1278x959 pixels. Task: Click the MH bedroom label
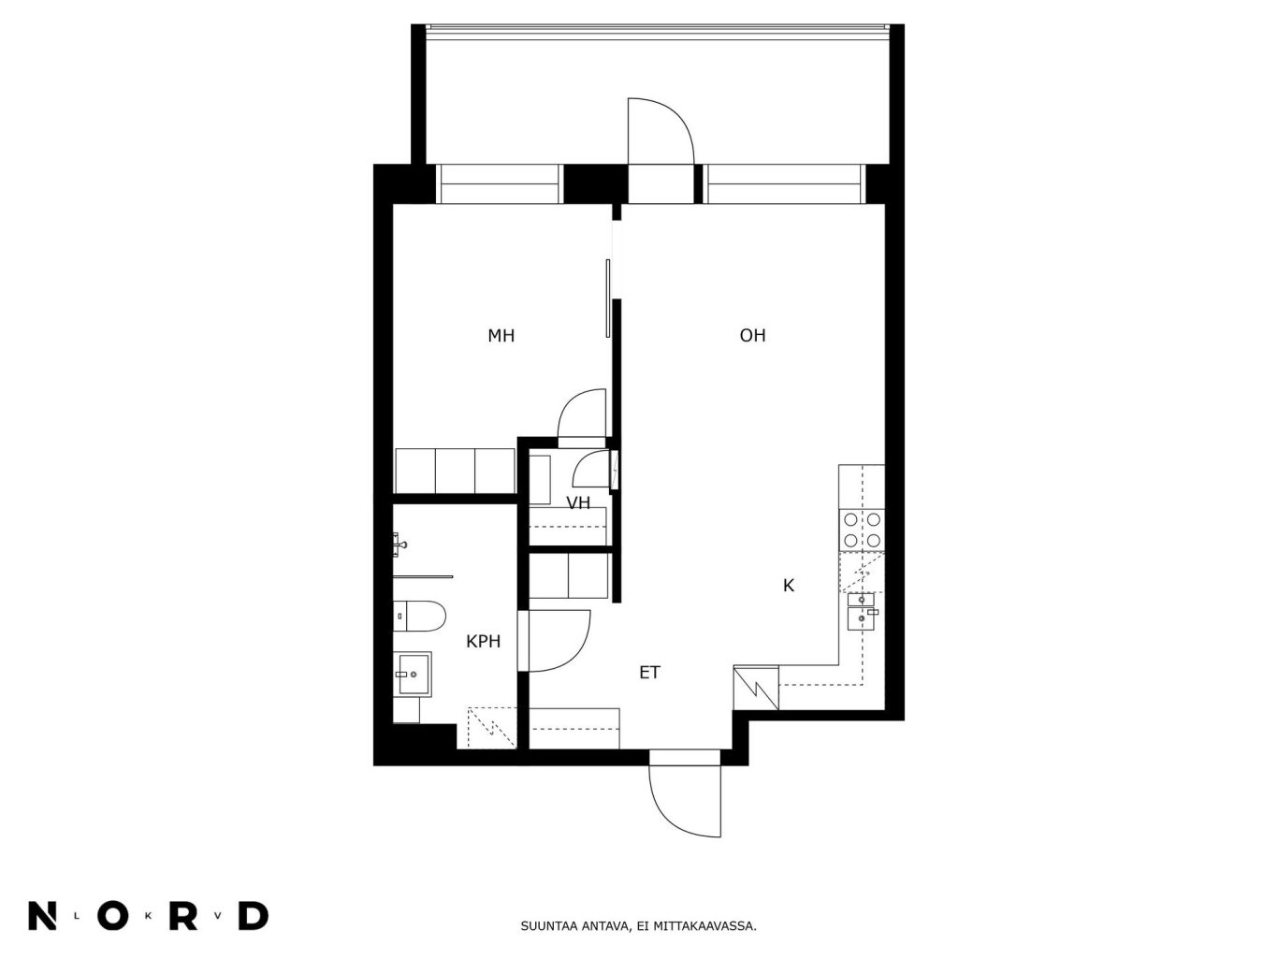click(x=501, y=335)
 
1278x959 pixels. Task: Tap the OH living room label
click(x=752, y=335)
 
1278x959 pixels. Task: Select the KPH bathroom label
click(x=483, y=642)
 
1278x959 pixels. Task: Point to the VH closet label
click(x=578, y=503)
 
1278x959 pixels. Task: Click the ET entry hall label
click(x=649, y=673)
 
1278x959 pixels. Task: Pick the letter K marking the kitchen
click(x=789, y=586)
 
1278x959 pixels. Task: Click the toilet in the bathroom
click(x=418, y=616)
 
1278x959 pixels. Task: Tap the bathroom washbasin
click(x=413, y=674)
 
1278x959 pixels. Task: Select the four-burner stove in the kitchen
click(x=862, y=530)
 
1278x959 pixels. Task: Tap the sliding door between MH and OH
click(x=608, y=298)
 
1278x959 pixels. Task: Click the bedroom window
click(x=498, y=184)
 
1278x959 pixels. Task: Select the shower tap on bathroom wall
click(x=399, y=545)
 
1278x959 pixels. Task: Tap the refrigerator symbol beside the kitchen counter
click(x=756, y=688)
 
